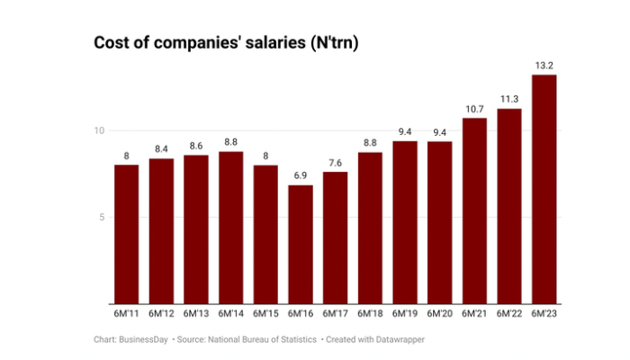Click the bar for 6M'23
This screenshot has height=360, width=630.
coord(544,189)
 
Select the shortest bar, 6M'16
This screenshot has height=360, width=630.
coord(301,245)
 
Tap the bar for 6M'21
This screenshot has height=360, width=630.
coord(474,211)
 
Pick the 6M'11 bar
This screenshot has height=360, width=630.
coord(127,234)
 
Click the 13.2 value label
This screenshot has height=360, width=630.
coord(544,65)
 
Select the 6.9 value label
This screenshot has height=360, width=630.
coord(301,175)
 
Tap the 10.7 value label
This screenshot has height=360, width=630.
coord(474,108)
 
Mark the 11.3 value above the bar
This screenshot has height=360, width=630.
coord(509,98)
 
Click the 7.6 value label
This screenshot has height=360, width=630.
coord(336,162)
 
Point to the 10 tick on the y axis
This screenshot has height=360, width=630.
coord(100,130)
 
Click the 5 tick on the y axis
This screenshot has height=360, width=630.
coord(103,217)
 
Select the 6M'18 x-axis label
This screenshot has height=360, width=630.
coord(370,313)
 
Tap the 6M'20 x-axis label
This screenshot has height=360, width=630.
coord(440,313)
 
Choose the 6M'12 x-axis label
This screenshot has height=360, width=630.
coord(161,313)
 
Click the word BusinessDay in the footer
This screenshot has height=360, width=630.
coord(148,339)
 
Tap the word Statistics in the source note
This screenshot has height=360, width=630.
coord(294,339)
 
